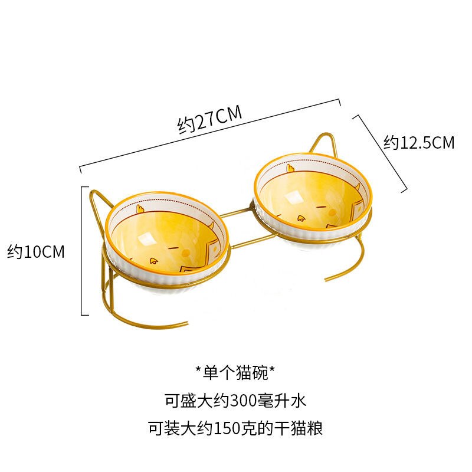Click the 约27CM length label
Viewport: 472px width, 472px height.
point(210,120)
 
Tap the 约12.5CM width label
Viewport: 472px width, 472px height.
point(419,142)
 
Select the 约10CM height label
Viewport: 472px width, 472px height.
point(36,252)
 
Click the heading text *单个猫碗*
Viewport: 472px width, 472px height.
point(235,373)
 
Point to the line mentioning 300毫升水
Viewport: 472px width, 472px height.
point(235,401)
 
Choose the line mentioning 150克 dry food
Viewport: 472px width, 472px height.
point(235,428)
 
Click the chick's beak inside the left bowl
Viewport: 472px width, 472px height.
point(153,261)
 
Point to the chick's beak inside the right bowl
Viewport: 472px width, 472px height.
point(301,219)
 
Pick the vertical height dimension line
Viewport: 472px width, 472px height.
point(81,251)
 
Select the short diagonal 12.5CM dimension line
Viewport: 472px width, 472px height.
point(380,153)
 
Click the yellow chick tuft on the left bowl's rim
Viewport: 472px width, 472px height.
point(139,209)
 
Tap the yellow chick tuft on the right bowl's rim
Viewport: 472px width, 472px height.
point(290,168)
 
